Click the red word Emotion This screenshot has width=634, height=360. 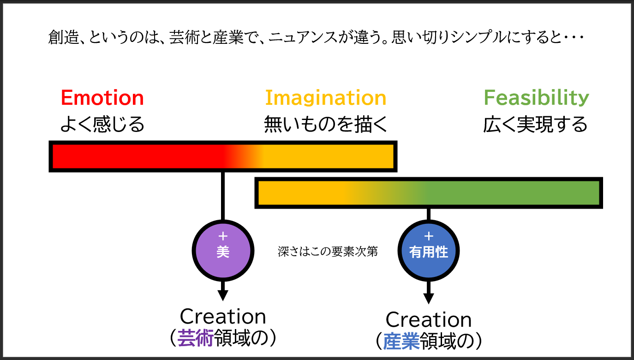tap(102, 98)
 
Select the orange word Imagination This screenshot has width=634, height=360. tap(325, 98)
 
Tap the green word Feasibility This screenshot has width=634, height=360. tap(536, 98)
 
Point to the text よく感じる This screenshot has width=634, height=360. tap(102, 125)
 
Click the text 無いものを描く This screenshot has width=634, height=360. tap(325, 125)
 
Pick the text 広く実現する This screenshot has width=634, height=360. tap(535, 125)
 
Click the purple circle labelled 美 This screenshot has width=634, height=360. tap(223, 251)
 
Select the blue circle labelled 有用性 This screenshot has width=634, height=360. tap(428, 251)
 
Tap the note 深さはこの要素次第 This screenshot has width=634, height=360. tap(328, 252)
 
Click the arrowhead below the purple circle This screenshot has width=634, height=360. tap(223, 294)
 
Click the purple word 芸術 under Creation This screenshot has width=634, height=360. tap(195, 338)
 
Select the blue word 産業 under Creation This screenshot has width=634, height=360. tap(401, 342)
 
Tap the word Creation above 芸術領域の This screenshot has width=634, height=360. tap(223, 317)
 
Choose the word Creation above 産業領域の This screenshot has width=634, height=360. tap(428, 320)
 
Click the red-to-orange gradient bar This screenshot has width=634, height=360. tap(223, 156)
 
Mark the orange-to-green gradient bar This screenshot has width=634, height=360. tap(428, 193)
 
